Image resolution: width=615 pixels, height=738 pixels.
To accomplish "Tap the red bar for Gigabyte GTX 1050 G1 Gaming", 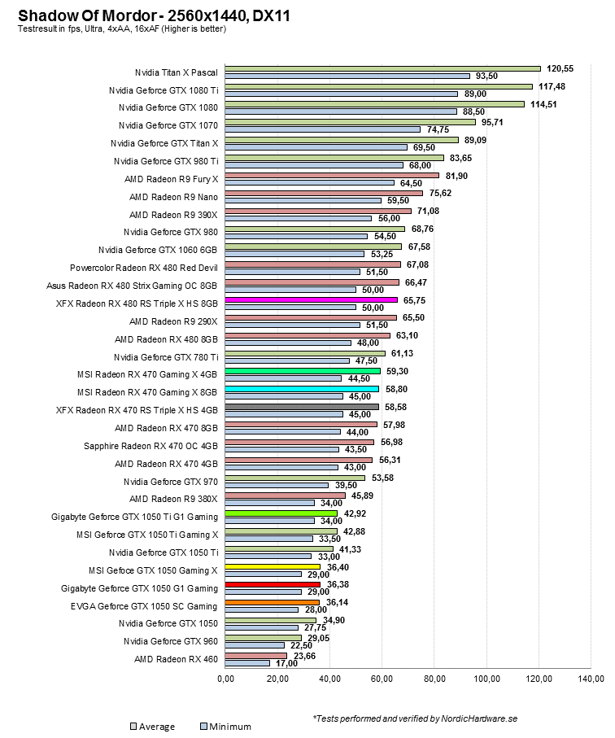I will coord(272,584).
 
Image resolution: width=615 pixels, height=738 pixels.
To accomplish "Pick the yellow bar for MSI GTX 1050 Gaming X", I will coord(272,566).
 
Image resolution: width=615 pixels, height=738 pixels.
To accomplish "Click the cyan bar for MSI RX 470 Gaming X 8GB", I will coord(301,389).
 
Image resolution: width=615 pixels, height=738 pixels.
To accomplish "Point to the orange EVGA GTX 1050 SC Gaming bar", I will coord(272,602).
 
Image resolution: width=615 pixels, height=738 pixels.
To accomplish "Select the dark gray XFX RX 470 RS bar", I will coord(301,407).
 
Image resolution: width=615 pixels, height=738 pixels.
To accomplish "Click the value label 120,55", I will coord(560,68).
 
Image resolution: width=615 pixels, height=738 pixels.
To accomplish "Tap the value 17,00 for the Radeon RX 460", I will coord(286,663).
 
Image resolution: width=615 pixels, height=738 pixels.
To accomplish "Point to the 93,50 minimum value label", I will coord(487,76).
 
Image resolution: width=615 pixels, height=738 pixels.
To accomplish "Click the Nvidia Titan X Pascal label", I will coord(177,72).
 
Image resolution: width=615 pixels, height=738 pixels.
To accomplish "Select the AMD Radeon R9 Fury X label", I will coord(172,178).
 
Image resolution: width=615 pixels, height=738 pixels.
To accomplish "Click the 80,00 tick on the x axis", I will coord(434,679).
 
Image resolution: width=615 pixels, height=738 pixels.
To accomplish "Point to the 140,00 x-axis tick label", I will coord(591,679).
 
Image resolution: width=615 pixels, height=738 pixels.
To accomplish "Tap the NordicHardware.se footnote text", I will coord(414,718).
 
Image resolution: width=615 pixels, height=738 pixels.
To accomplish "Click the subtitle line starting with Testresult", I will coord(121,29).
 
